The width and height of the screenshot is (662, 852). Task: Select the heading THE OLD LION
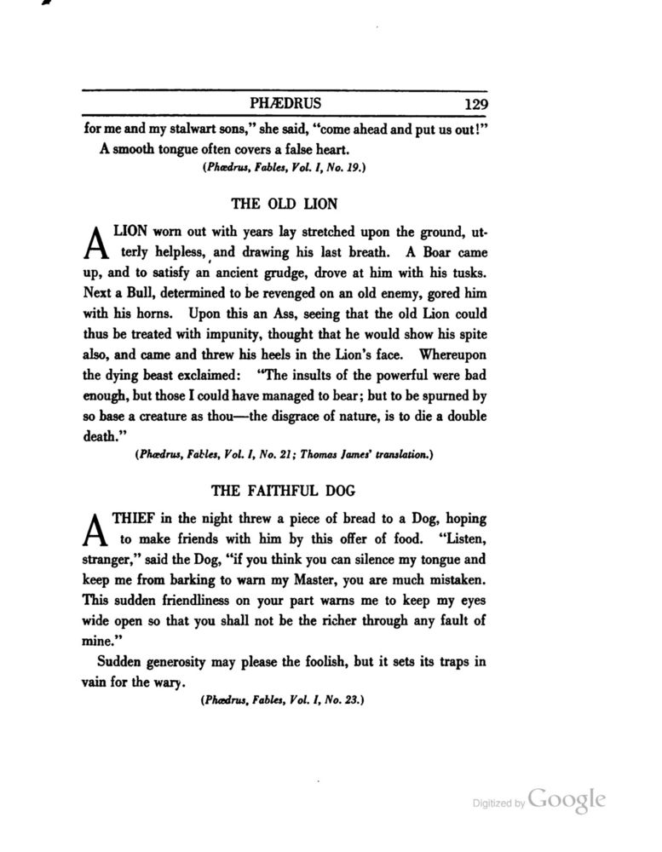(x=285, y=204)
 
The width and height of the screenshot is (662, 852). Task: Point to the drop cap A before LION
(x=95, y=241)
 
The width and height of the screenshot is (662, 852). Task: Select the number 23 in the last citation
(x=352, y=701)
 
